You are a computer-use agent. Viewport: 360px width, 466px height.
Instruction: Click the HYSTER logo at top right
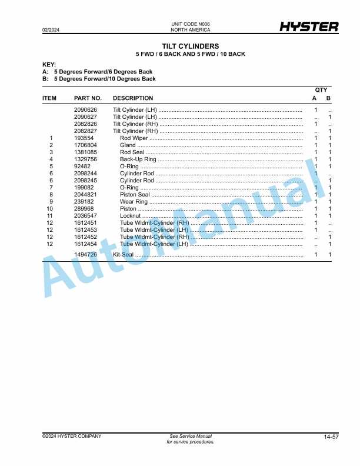pyautogui.click(x=309, y=27)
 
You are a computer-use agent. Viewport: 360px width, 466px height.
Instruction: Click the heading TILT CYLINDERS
pyautogui.click(x=190, y=46)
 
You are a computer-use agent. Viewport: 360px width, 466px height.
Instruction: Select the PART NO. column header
pyautogui.click(x=88, y=98)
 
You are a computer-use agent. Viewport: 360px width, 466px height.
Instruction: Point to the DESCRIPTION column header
pyautogui.click(x=133, y=98)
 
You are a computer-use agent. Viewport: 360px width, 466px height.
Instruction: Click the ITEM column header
pyautogui.click(x=49, y=98)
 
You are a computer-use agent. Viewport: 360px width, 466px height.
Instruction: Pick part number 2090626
pyautogui.click(x=85, y=110)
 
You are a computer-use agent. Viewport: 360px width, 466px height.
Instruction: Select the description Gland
pyautogui.click(x=128, y=145)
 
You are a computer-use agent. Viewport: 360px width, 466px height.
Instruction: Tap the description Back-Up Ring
pyautogui.click(x=138, y=159)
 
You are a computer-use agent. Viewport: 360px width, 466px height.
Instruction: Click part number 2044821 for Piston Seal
pyautogui.click(x=85, y=194)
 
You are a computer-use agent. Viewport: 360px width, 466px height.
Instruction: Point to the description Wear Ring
pyautogui.click(x=134, y=201)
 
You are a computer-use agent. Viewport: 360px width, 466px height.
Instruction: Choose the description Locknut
pyautogui.click(x=130, y=215)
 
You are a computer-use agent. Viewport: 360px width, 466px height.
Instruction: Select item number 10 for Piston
pyautogui.click(x=51, y=208)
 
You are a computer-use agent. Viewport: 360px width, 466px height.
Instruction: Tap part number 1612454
pyautogui.click(x=85, y=244)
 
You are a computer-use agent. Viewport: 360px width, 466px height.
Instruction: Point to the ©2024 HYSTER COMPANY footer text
pyautogui.click(x=72, y=436)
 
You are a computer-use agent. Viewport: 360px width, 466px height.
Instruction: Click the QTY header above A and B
pyautogui.click(x=321, y=89)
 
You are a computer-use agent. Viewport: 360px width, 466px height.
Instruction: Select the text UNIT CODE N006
pyautogui.click(x=190, y=24)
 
